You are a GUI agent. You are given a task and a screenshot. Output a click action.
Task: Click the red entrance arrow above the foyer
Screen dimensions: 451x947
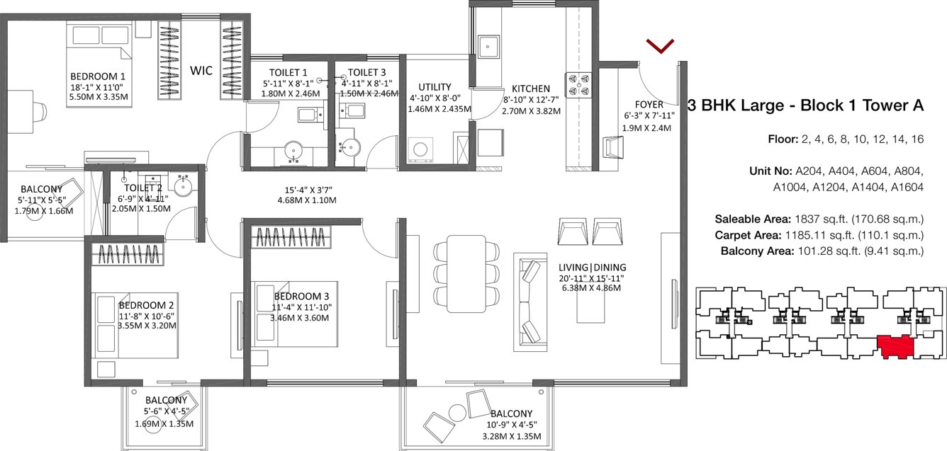pos(659,46)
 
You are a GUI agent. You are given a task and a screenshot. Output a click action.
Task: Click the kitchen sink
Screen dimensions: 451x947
pos(489,47)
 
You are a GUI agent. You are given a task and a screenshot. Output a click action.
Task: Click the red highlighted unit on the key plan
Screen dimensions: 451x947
pos(895,347)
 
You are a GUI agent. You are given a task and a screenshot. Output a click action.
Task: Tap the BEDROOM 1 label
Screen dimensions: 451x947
pos(97,76)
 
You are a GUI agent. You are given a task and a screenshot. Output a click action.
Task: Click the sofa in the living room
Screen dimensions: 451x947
pos(529,300)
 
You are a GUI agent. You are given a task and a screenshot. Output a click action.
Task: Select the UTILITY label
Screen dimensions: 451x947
pos(434,87)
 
